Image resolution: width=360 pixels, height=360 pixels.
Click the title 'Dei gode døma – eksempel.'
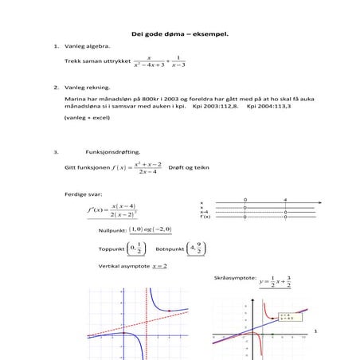[179, 34]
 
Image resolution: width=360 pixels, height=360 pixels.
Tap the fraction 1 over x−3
[178, 61]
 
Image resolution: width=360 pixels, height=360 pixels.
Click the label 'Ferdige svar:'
[82, 194]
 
